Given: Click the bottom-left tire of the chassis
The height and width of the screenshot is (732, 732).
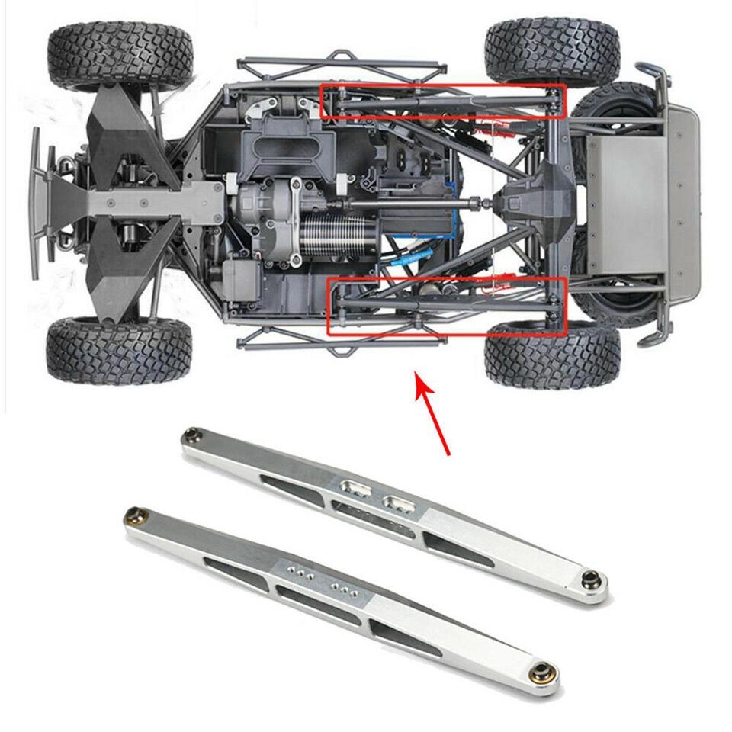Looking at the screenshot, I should click(x=118, y=350).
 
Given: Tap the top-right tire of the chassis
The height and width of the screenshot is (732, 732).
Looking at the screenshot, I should click(x=552, y=50).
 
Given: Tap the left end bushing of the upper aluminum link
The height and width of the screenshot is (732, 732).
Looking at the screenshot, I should click(x=190, y=436).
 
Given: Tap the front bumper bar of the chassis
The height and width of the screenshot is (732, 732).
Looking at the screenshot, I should click(x=37, y=202).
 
